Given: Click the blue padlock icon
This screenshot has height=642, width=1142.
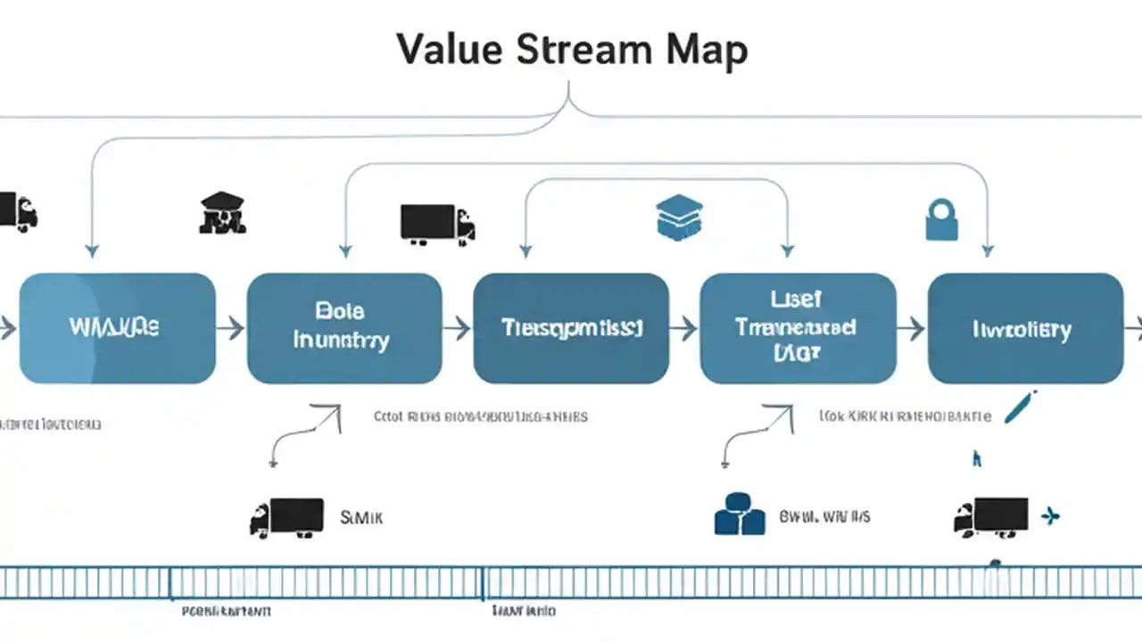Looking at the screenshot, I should tap(941, 218).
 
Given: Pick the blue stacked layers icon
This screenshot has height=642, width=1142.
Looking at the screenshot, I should tap(679, 218).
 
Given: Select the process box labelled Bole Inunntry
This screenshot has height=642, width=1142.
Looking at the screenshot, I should tap(343, 328).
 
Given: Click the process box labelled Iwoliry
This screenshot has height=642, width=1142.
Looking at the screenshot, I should tap(1025, 328).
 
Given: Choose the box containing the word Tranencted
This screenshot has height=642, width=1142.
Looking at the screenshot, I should tap(798, 328).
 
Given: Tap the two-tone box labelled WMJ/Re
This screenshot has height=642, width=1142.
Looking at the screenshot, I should tap(117, 328).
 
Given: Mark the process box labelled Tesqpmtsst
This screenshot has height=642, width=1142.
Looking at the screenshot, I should tap(571, 328).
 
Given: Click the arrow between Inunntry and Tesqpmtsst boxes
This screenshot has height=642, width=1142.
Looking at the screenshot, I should tap(457, 328).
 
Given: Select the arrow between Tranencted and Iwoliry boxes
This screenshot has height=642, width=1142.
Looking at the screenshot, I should tap(911, 328).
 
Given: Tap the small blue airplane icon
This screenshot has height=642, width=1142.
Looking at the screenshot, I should tap(1051, 514).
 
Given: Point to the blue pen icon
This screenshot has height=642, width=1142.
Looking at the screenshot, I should tap(1019, 406).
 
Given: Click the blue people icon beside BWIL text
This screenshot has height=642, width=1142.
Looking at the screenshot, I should tap(740, 514).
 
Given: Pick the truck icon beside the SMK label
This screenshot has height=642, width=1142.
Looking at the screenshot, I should tap(286, 517).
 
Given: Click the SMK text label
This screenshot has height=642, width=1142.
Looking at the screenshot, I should tap(361, 516).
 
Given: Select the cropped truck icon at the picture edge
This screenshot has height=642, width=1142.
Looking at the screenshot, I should tap(18, 211).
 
